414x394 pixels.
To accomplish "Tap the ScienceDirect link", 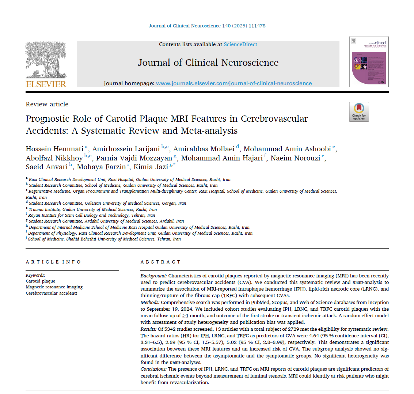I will (240, 44).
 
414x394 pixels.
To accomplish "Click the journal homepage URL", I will (234, 83).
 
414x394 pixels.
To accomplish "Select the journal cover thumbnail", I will (369, 62).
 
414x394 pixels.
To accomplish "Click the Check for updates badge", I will (359, 112).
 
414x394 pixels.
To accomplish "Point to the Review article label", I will (47, 104).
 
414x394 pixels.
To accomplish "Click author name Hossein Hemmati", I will (55, 149).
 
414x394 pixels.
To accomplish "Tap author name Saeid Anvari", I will (47, 167).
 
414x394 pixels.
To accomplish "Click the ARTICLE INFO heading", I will (53, 262).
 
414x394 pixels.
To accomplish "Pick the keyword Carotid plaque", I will (41, 281).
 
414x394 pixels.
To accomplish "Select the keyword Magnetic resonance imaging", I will (54, 287).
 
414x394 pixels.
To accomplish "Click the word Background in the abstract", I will (153, 276).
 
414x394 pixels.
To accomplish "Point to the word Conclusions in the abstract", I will (153, 369).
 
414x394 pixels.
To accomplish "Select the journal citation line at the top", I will (207, 26).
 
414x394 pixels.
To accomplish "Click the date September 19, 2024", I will (167, 309).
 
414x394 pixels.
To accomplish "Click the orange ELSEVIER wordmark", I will (46, 84).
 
